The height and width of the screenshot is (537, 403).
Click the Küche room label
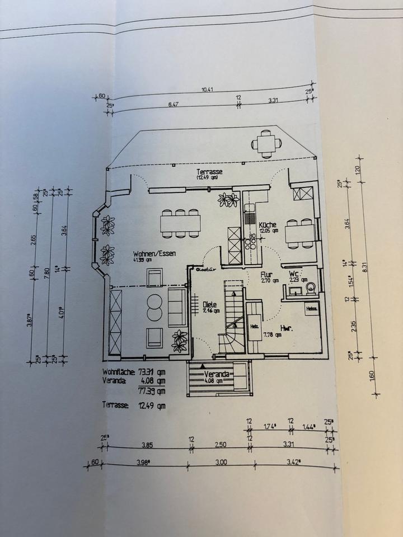(268, 224)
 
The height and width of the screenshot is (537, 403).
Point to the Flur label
(266, 275)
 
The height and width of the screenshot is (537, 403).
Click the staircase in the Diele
(232, 319)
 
